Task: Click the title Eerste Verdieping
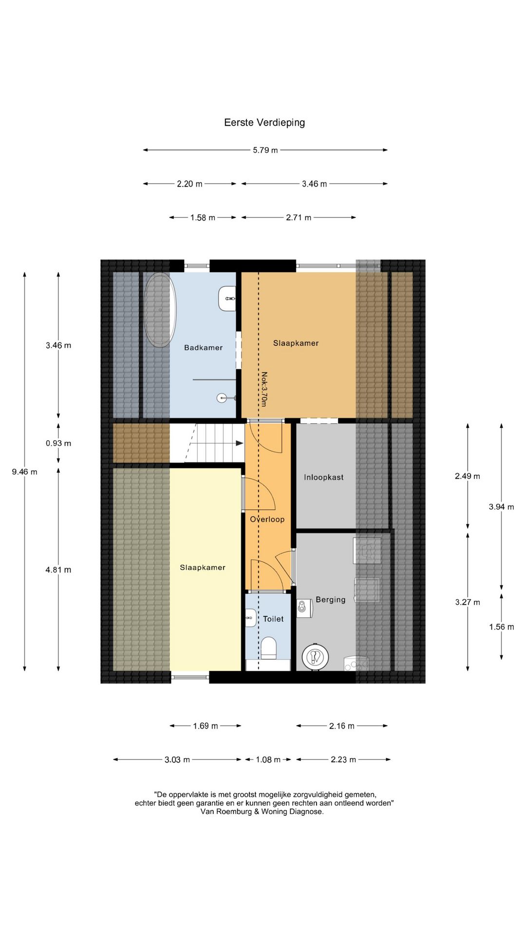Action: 264,123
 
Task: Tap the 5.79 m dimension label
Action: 265,150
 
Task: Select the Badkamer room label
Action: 204,348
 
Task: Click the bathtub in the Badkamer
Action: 160,310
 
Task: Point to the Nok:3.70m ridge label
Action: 264,389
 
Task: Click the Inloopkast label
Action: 324,478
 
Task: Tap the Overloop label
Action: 267,520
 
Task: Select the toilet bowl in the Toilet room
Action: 268,648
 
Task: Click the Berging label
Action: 331,600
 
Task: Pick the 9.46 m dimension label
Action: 24,472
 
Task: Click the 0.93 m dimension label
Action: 58,444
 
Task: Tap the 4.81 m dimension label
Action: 58,570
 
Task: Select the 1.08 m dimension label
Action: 268,760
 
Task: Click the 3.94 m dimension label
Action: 502,507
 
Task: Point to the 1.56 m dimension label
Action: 502,627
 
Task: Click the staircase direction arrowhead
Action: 240,443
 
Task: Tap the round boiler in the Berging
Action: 315,657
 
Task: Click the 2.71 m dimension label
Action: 299,218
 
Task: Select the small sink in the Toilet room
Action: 251,618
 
